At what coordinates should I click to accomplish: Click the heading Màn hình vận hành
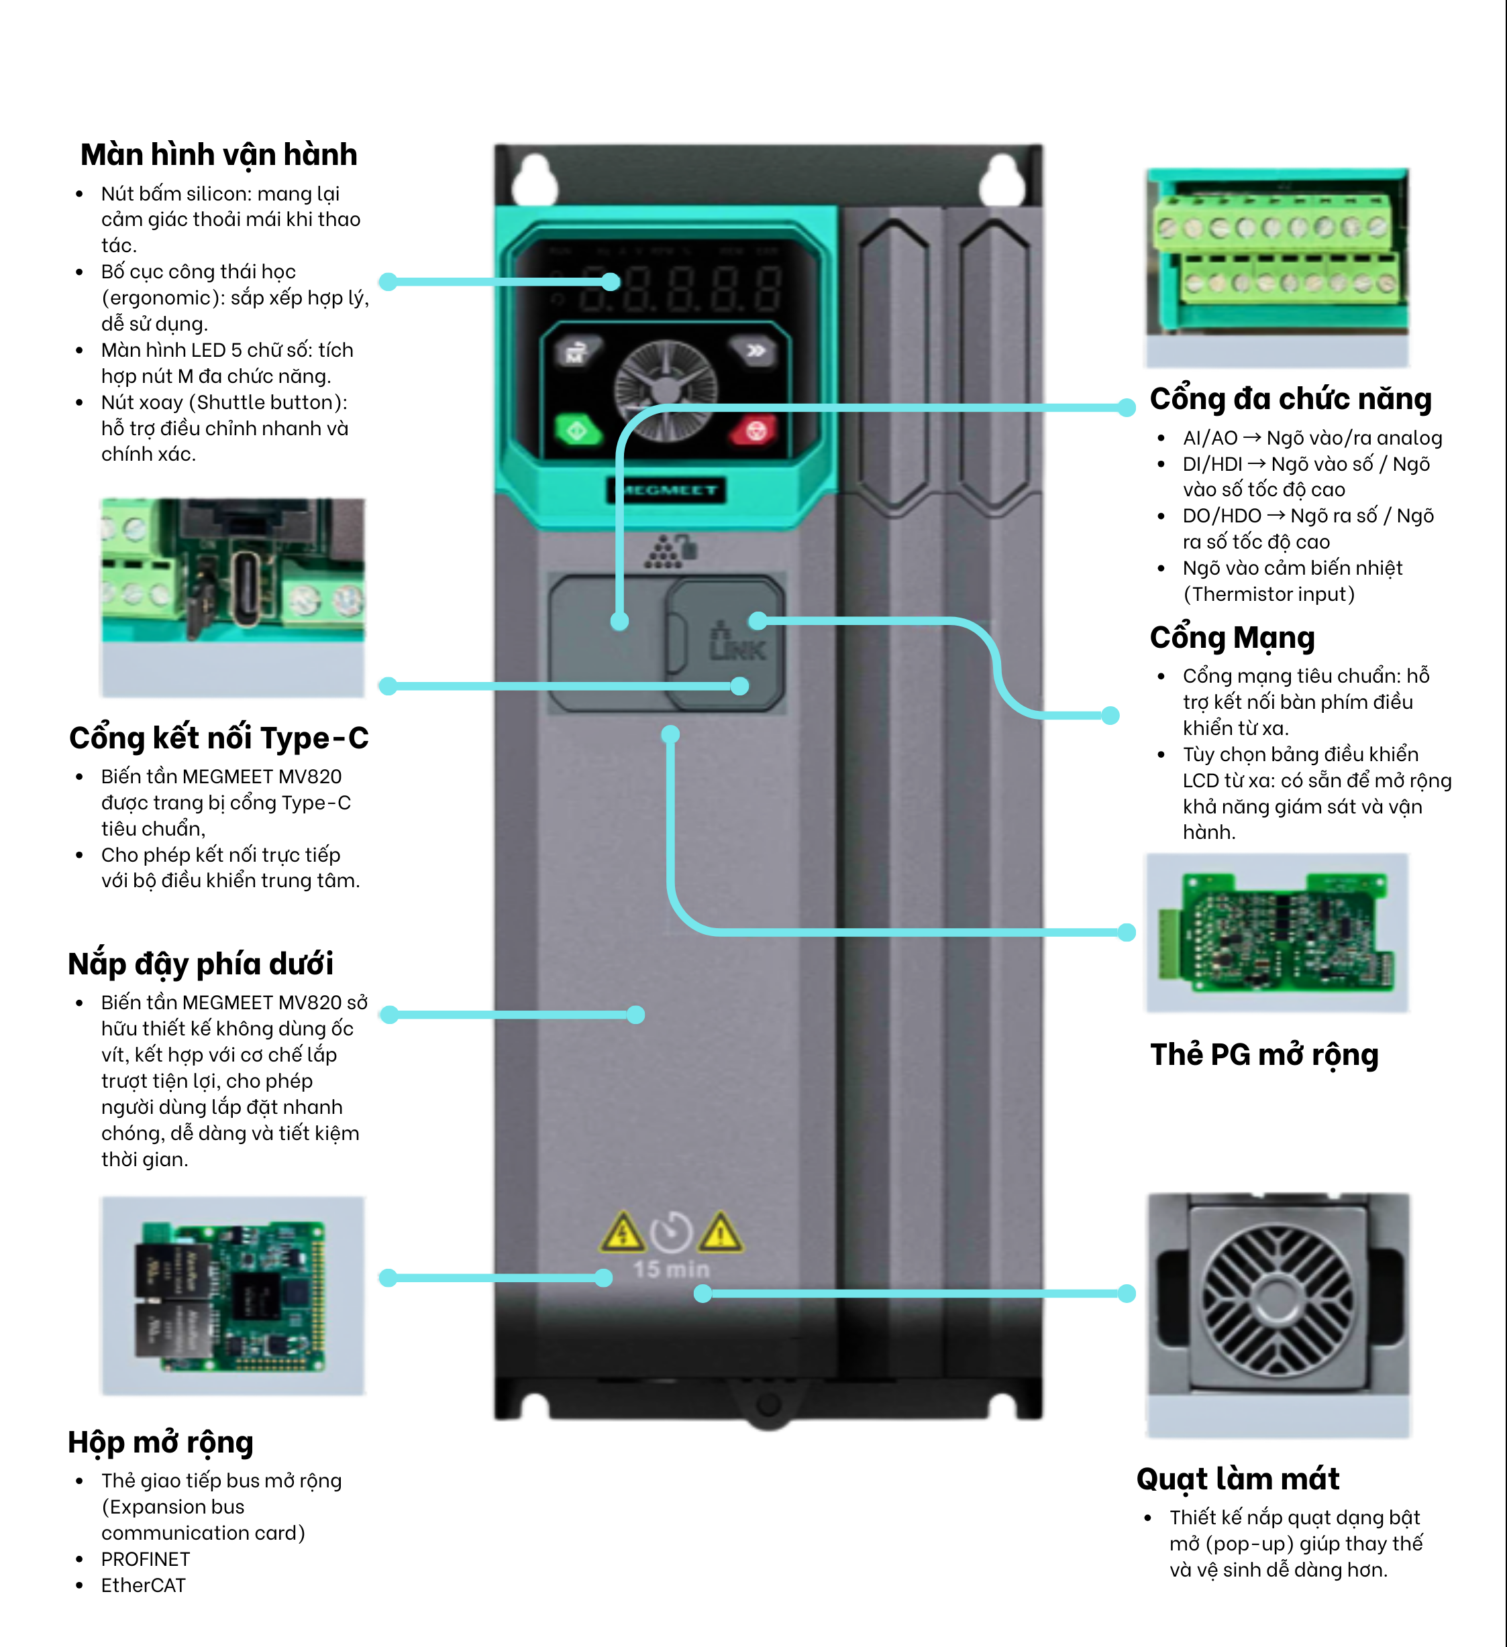218,154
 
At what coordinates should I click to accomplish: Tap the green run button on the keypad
577,431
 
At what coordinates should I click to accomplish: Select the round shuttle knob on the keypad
666,390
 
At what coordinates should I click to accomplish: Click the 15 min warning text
671,1269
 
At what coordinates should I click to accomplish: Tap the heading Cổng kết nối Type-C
218,738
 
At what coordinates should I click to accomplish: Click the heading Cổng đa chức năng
1290,399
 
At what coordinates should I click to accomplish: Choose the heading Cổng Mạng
1232,637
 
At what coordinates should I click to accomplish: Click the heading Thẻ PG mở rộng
1263,1055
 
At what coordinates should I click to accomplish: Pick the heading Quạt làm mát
1237,1479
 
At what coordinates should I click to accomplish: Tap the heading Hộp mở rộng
160,1442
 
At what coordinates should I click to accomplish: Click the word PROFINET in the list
146,1558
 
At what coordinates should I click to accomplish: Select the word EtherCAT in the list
143,1585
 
